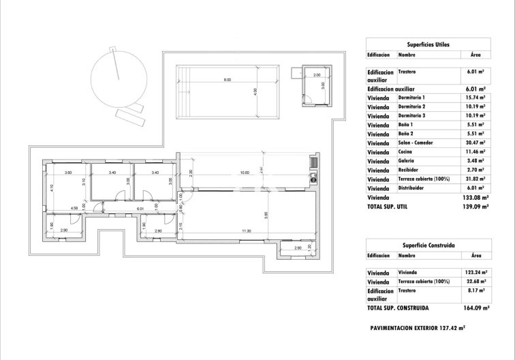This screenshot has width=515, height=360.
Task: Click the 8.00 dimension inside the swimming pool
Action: (228, 80)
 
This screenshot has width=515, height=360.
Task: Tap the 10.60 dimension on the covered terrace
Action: (246, 171)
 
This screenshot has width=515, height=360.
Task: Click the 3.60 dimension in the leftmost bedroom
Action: (68, 173)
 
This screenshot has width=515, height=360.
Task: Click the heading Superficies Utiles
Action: (427, 44)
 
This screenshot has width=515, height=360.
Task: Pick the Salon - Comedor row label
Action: (417, 143)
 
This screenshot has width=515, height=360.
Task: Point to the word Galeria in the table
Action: (407, 161)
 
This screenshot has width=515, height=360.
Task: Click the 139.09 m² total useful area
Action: (473, 205)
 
